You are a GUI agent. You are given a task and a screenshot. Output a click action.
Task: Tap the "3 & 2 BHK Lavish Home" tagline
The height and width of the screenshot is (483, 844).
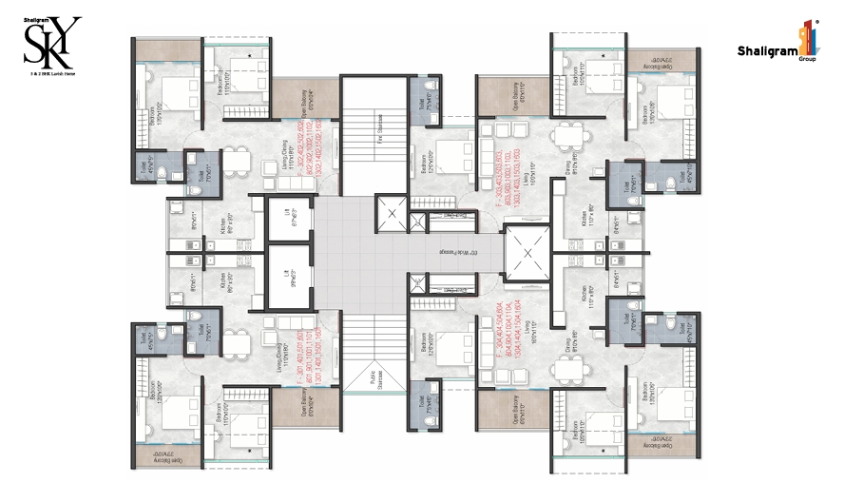coord(52,72)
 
